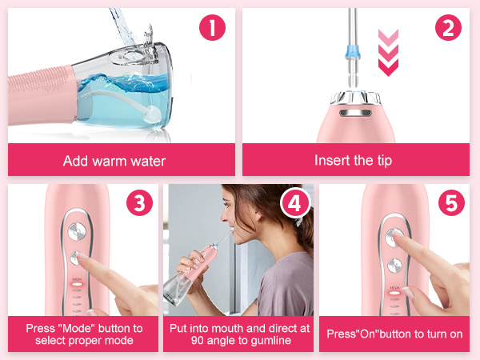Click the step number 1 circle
pyautogui.click(x=212, y=30)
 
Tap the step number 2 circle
pyautogui.click(x=448, y=30)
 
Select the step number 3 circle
pyautogui.click(x=139, y=204)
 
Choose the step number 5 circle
pyautogui.click(x=450, y=204)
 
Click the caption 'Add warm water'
pyautogui.click(x=114, y=161)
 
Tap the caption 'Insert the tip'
pyautogui.click(x=354, y=161)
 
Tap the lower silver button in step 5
pyautogui.click(x=394, y=266)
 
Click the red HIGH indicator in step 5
pyautogui.click(x=394, y=294)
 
